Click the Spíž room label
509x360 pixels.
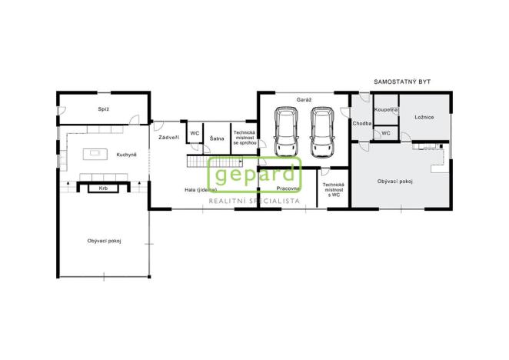(x=103, y=109)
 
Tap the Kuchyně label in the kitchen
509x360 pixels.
(x=127, y=155)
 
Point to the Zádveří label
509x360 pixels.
(x=168, y=137)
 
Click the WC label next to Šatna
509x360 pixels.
(x=195, y=133)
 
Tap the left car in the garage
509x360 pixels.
(x=285, y=132)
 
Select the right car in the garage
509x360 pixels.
(x=321, y=132)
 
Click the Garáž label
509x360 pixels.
(x=302, y=100)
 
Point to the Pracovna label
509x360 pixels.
(x=288, y=188)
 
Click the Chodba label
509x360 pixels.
(x=362, y=123)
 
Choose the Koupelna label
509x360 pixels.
(x=385, y=110)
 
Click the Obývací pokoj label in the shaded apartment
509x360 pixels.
(x=395, y=181)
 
